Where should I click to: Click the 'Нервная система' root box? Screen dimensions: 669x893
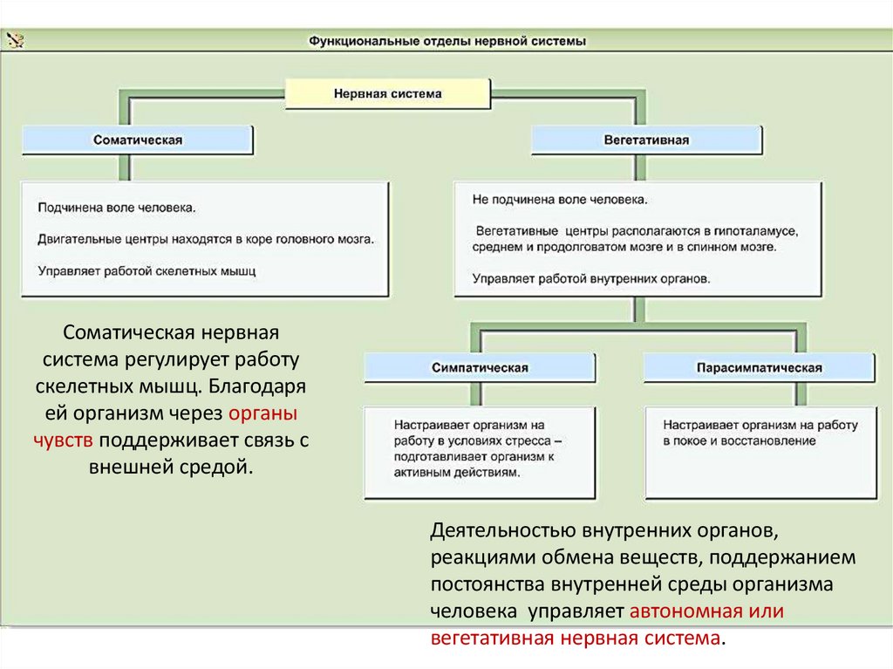click(388, 93)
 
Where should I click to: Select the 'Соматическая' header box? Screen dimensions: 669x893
click(138, 140)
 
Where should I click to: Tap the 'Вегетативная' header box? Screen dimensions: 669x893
click(646, 140)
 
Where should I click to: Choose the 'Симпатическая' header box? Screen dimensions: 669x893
click(480, 367)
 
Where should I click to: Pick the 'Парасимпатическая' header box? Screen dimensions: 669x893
click(760, 367)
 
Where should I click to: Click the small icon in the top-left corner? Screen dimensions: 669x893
click(15, 39)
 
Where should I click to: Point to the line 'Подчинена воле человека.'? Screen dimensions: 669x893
click(117, 208)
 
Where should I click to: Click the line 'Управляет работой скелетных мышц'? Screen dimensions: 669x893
click(147, 270)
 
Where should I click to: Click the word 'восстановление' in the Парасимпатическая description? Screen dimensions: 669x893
click(774, 440)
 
